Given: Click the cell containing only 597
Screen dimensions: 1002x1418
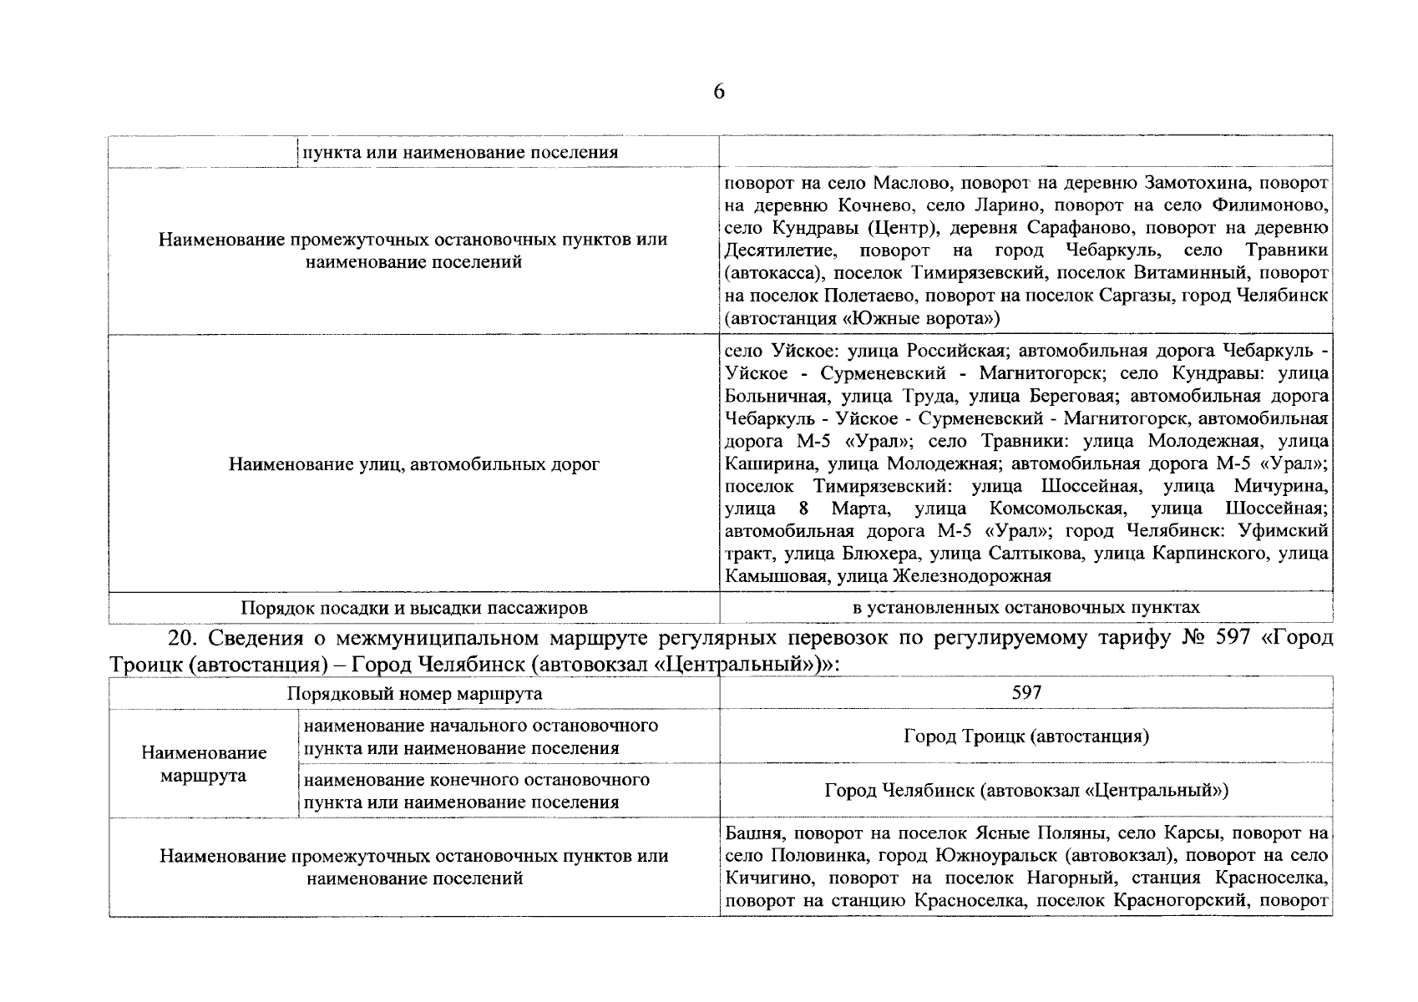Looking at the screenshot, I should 1026,692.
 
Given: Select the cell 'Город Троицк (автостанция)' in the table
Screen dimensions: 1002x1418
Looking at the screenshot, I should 1026,736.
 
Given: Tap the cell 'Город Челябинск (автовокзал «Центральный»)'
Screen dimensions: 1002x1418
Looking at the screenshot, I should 1026,790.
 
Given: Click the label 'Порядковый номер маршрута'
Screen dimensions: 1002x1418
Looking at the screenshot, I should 414,693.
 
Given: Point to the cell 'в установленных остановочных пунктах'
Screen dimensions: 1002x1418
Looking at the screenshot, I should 1026,607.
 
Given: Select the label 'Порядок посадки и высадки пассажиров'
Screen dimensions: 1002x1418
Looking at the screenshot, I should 414,607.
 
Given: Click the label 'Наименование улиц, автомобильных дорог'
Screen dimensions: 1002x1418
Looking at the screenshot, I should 414,463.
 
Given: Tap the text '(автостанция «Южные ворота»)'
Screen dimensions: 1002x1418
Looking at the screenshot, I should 862,318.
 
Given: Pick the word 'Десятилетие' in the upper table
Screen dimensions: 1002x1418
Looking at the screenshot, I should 779,250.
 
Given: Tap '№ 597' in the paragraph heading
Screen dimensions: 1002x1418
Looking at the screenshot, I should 1219,639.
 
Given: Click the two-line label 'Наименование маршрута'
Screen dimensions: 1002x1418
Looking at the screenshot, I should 204,764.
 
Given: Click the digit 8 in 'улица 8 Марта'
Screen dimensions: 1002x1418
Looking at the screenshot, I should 803,509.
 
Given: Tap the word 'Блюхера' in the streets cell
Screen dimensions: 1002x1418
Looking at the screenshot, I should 887,554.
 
